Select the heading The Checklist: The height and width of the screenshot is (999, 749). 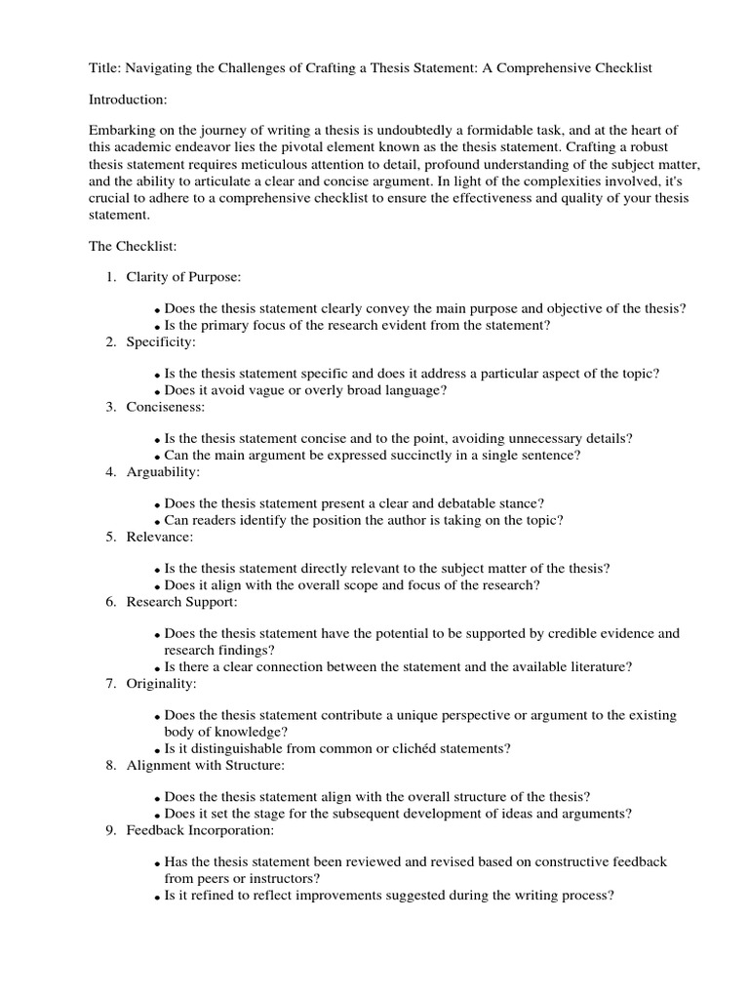(x=133, y=247)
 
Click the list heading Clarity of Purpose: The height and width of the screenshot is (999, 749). (x=182, y=278)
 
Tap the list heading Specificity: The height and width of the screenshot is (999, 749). (x=161, y=342)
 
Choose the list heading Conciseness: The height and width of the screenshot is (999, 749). (x=166, y=407)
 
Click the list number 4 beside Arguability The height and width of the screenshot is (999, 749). (x=110, y=472)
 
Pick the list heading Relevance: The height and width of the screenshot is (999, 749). (x=160, y=537)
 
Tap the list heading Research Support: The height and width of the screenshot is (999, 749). (x=181, y=602)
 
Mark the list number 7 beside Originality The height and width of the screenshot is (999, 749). (x=110, y=683)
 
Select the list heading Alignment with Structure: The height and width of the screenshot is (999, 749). (x=205, y=765)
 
